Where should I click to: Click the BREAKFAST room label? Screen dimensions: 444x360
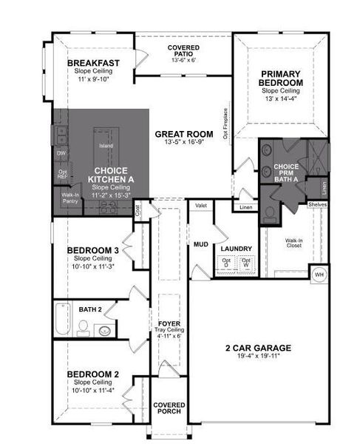(x=93, y=63)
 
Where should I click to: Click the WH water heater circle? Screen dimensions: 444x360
(x=319, y=274)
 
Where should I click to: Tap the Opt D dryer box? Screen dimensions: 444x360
(x=226, y=263)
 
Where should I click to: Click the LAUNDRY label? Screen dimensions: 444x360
(x=237, y=249)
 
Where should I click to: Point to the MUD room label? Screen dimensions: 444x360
(x=201, y=243)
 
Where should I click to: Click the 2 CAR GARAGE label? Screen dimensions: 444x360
(x=258, y=347)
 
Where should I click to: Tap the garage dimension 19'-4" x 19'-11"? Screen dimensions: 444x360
(x=258, y=357)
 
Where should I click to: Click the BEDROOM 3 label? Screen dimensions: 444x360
(x=92, y=251)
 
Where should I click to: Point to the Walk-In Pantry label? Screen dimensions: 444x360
(x=69, y=198)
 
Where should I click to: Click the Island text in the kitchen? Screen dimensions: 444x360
(x=106, y=146)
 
